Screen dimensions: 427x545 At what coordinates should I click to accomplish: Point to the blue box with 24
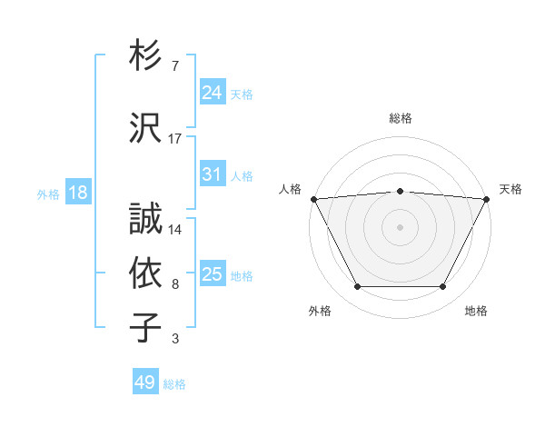pyautogui.click(x=213, y=93)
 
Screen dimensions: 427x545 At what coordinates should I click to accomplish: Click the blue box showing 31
pyautogui.click(x=213, y=174)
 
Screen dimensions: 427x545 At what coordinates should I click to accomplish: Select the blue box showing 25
pyautogui.click(x=213, y=274)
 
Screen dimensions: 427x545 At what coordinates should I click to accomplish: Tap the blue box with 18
pyautogui.click(x=78, y=193)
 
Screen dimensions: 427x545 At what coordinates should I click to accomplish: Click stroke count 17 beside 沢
pyautogui.click(x=175, y=139)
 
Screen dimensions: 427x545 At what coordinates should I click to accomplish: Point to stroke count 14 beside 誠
pyautogui.click(x=175, y=230)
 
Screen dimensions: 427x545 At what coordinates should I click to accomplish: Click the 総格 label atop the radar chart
pyautogui.click(x=401, y=118)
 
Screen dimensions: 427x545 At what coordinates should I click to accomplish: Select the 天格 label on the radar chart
pyautogui.click(x=511, y=189)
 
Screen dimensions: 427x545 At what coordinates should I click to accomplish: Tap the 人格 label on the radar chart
pyautogui.click(x=290, y=189)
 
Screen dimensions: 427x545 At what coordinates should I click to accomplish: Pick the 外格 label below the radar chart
pyautogui.click(x=320, y=311)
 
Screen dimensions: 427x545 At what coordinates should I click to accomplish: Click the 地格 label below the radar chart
pyautogui.click(x=476, y=311)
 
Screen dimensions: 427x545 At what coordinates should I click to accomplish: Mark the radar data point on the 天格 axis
pyautogui.click(x=488, y=198)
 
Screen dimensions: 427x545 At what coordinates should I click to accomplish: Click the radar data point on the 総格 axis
pyautogui.click(x=401, y=191)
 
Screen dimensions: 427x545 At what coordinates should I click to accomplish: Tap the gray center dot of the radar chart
pyautogui.click(x=401, y=226)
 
